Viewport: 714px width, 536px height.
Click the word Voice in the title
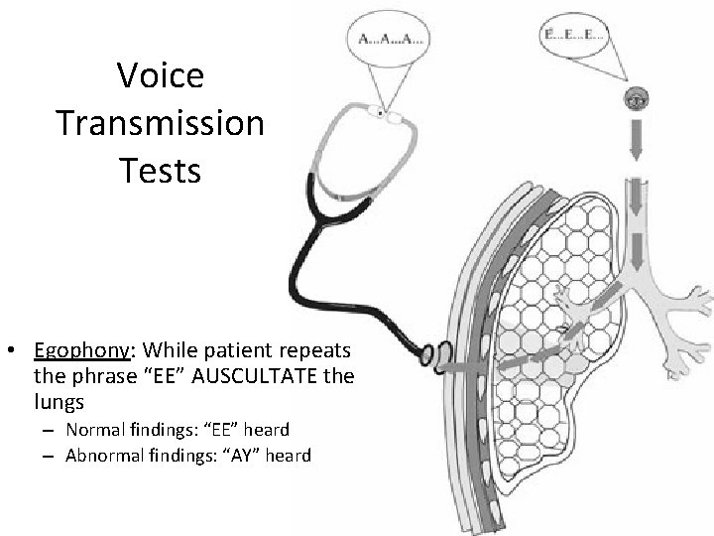160,75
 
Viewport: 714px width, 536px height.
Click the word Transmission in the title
160,123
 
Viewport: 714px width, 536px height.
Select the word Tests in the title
160,171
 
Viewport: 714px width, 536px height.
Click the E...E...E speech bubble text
574,35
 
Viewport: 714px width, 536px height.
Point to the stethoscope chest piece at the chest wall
437,353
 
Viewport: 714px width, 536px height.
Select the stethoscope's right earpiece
399,116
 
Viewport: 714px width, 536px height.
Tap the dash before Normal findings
47,430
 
